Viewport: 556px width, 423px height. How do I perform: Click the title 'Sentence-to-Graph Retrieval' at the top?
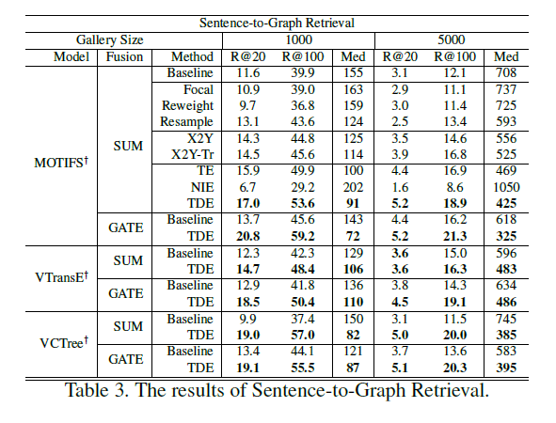click(277, 23)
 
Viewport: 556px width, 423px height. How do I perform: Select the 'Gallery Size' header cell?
click(109, 39)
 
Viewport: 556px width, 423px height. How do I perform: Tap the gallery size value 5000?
click(451, 39)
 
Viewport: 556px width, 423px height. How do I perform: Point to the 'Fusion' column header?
click(124, 56)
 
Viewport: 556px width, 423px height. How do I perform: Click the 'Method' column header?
click(192, 56)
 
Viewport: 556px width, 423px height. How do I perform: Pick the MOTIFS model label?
click(61, 162)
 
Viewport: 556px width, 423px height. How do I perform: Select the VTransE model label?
click(61, 276)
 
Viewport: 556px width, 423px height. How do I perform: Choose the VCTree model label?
click(64, 342)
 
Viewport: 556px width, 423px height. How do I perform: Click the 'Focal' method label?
click(199, 89)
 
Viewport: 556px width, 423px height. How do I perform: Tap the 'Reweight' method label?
click(187, 105)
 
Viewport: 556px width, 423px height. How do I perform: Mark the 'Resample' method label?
click(186, 121)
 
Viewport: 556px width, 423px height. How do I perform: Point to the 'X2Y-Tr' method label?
click(193, 154)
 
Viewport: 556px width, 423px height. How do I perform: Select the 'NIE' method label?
click(202, 187)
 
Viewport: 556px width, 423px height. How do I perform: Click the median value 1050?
click(506, 187)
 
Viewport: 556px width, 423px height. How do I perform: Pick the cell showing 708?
click(506, 72)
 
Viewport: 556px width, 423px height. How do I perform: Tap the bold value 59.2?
click(303, 236)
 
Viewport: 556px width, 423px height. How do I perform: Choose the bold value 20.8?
click(247, 236)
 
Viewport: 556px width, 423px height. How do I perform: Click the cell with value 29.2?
click(303, 187)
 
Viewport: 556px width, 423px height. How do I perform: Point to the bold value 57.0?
click(303, 335)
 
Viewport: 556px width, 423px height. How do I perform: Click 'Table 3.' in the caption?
click(96, 390)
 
